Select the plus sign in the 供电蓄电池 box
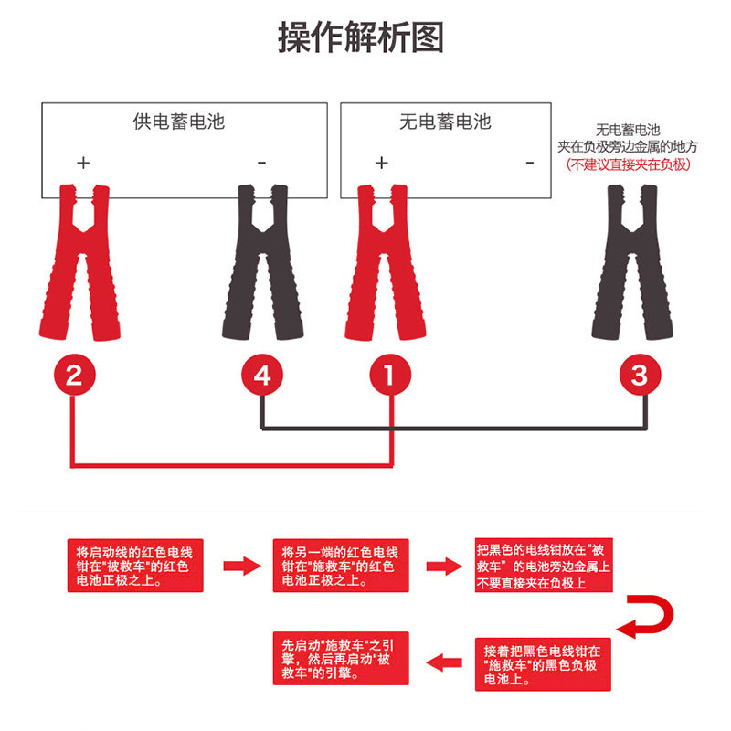pyautogui.click(x=83, y=164)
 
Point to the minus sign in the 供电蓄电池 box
pyautogui.click(x=261, y=164)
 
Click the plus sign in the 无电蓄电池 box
pyautogui.click(x=382, y=164)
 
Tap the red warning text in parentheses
pyautogui.click(x=628, y=164)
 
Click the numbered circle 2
pyautogui.click(x=75, y=376)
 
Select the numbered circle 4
pyautogui.click(x=262, y=376)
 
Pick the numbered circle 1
pyautogui.click(x=390, y=376)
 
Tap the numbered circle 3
pyautogui.click(x=640, y=376)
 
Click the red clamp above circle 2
pyautogui.click(x=78, y=260)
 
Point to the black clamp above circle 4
pyautogui.click(x=261, y=260)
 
